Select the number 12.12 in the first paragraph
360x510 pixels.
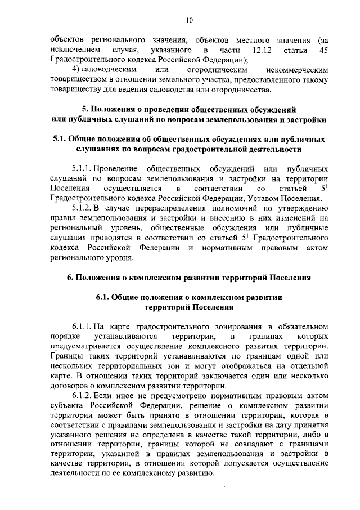pos(262,51)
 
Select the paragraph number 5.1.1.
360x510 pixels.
pos(82,168)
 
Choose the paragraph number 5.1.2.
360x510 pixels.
pos(82,207)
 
